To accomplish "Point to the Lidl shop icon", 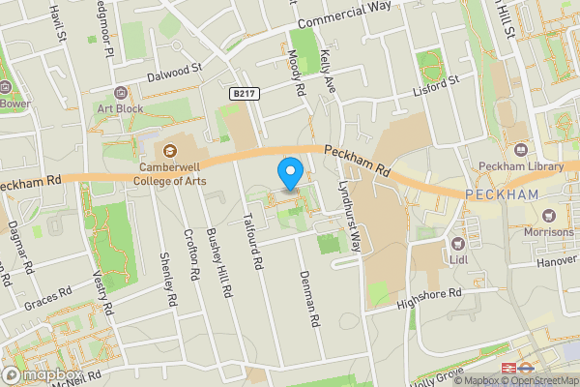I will tap(459, 244).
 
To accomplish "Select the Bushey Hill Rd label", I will tap(225, 260).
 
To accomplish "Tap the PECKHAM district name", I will tap(501, 194).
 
